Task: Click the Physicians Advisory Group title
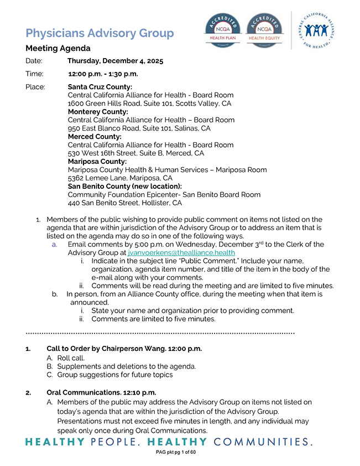100,33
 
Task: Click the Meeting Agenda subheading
58,48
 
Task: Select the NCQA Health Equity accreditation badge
264,30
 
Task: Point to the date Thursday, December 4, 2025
115,61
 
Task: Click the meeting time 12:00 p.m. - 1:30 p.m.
103,74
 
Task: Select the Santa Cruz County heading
100,87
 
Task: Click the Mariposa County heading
97,162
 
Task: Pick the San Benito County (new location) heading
124,187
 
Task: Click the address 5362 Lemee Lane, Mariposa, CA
120,178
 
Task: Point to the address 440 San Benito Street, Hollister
124,203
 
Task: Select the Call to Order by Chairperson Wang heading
124,349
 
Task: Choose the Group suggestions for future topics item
114,375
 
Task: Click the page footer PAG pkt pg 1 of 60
176,452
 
